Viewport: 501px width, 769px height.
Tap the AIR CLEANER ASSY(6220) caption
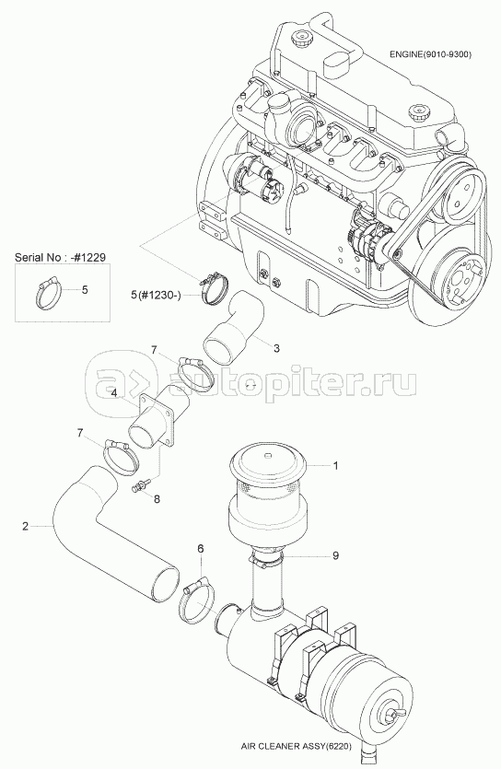(297, 747)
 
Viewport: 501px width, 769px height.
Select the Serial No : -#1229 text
(60, 257)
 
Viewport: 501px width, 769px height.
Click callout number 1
(335, 465)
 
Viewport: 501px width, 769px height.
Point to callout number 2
(25, 526)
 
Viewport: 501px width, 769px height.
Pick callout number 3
(276, 348)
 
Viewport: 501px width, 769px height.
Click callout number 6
(200, 548)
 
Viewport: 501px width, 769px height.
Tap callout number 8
(157, 499)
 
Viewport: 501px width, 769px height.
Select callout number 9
(335, 555)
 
